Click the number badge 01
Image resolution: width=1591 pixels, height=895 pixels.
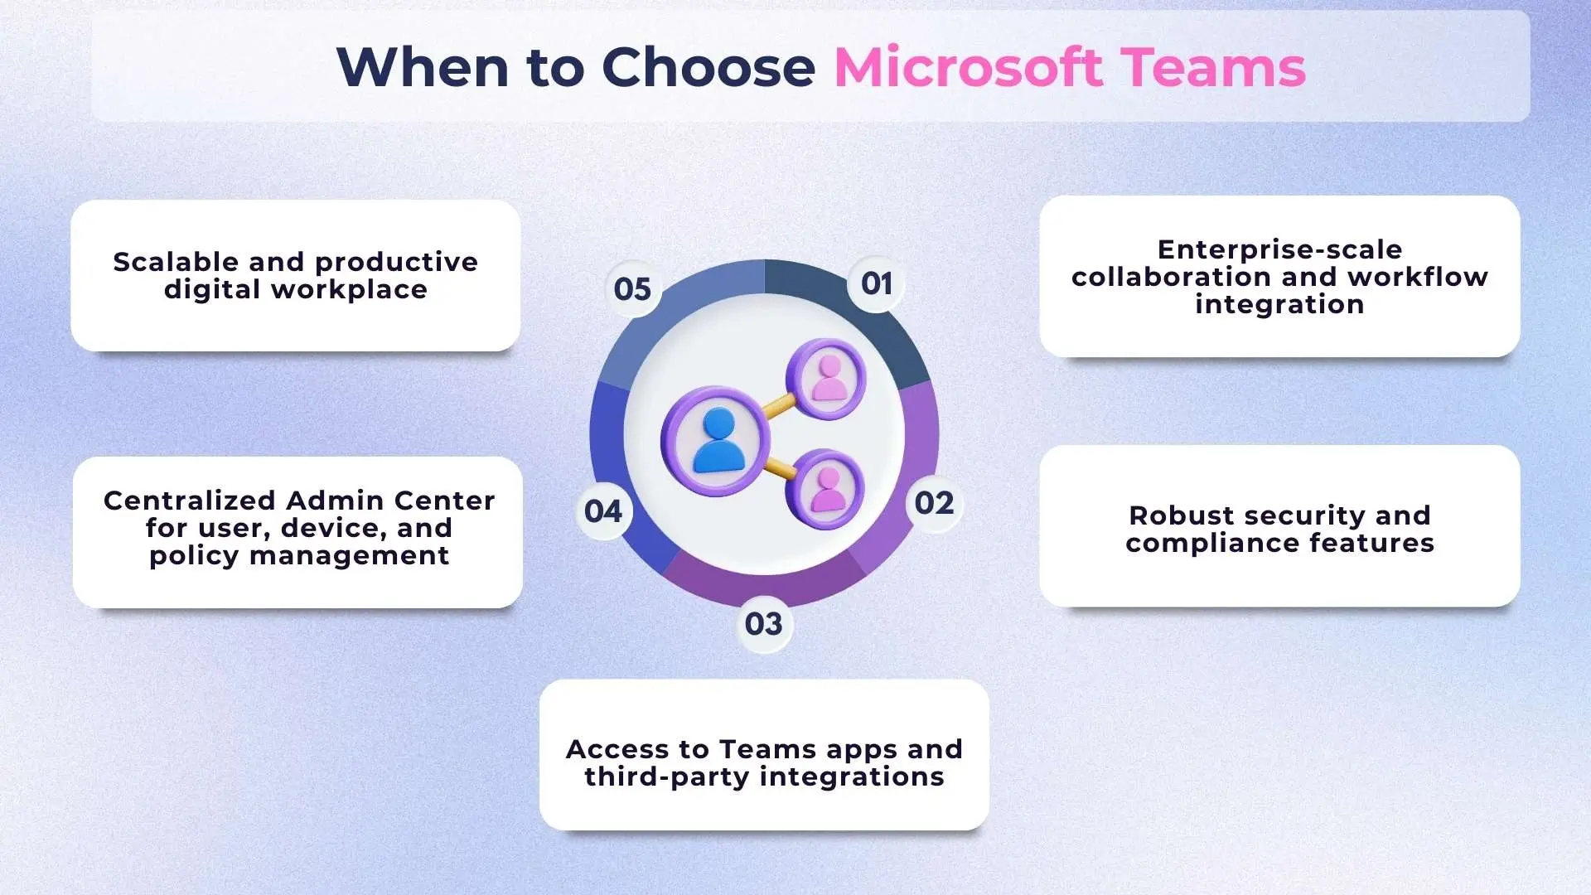[x=877, y=284]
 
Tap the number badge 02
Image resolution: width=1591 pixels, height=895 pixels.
[x=934, y=503]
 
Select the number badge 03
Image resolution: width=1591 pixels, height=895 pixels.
[x=763, y=624]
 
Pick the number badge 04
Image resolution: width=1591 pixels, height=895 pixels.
[x=603, y=511]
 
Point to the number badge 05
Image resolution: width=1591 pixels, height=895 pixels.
[x=632, y=289]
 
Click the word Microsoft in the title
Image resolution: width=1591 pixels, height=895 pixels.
[x=968, y=67]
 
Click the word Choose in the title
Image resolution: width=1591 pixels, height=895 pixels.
[x=708, y=67]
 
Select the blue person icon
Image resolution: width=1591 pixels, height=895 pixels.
[x=718, y=440]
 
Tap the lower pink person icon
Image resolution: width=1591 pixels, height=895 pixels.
[x=828, y=489]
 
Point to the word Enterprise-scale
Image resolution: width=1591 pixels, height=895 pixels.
[x=1279, y=249]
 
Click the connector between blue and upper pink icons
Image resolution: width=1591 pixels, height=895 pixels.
[x=778, y=406]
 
